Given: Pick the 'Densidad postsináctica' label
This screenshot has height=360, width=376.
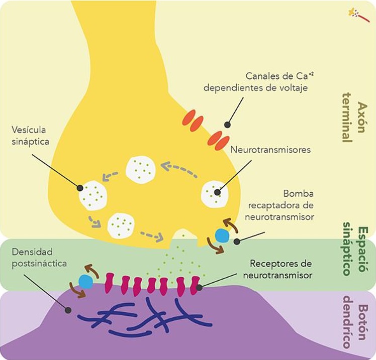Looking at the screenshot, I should [39, 257].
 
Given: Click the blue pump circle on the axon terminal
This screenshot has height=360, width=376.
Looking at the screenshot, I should [222, 234].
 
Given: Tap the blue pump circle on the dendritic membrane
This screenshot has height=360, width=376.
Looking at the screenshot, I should [86, 282].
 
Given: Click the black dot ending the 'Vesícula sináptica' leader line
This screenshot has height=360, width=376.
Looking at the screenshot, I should [80, 188].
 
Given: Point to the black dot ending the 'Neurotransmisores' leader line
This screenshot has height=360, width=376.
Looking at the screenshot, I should [217, 191].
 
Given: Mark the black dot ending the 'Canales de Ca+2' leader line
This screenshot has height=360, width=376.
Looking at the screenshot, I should [227, 125].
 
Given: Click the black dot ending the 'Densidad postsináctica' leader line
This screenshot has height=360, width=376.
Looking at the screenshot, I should [67, 310].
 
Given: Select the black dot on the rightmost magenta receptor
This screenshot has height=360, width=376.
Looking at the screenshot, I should [200, 287].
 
